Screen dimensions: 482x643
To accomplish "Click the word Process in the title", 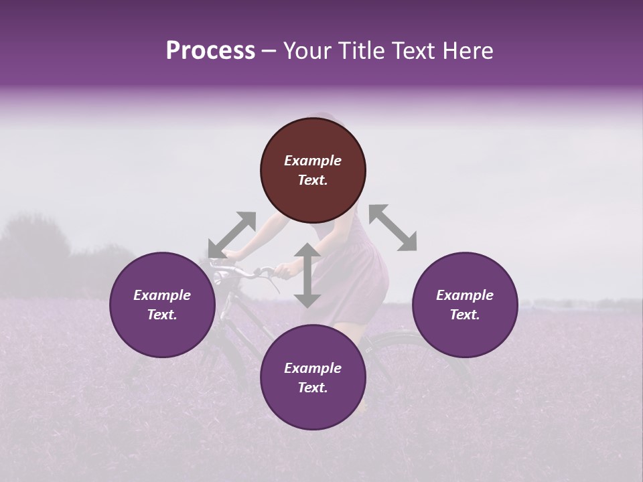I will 210,51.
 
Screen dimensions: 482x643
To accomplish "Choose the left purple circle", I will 162,305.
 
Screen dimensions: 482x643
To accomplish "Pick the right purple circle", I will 464,305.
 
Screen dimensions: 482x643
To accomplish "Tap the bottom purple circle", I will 313,378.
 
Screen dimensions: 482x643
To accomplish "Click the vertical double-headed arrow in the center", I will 307,275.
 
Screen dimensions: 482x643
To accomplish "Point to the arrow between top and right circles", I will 392,228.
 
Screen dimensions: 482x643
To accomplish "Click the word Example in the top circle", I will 313,161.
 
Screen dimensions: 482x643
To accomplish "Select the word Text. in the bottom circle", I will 313,388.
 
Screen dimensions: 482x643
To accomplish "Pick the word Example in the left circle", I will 162,295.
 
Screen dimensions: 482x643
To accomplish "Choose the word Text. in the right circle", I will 464,315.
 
